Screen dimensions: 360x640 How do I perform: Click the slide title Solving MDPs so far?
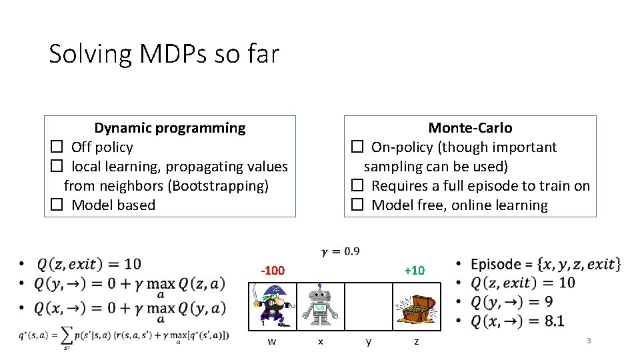164,53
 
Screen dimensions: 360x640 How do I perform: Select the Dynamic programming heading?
169,128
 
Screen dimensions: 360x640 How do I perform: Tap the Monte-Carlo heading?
470,128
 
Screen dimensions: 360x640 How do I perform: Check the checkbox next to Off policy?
57,147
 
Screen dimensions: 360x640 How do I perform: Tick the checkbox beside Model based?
57,205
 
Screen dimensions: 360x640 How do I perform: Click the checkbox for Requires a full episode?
357,186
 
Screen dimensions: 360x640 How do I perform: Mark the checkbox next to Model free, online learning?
357,205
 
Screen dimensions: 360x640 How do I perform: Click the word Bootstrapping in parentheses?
219,186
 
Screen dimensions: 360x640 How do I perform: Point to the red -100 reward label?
272,271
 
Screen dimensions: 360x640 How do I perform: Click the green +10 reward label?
414,271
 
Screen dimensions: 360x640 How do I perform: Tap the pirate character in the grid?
272,305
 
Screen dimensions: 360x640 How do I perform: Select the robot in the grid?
320,305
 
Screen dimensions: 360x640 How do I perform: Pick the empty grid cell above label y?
369,305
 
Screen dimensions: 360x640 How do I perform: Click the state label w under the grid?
272,342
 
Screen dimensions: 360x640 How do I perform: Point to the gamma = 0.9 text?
341,251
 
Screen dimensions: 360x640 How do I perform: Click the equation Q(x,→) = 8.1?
517,321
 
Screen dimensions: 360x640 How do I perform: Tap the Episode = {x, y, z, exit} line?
545,264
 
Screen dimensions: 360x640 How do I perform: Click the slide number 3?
589,341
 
